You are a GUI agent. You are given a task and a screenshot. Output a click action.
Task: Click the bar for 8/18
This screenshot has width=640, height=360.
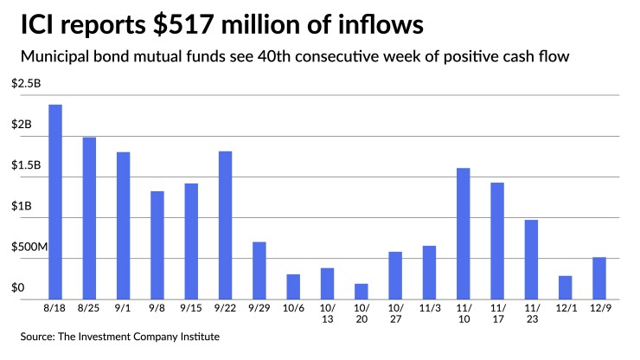coord(54,202)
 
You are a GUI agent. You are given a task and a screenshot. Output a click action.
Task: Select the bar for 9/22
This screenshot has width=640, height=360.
coord(225,225)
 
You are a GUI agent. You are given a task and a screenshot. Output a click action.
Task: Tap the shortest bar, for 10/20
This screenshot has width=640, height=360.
coord(362,291)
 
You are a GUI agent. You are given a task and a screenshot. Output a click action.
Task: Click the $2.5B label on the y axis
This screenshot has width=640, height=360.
coord(24,83)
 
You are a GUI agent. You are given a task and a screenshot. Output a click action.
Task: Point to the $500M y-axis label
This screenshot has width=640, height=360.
coord(29,247)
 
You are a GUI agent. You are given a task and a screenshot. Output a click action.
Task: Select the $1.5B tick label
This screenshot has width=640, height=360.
coord(24,165)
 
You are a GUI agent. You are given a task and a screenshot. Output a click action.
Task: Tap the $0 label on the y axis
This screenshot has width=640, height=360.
coord(16,287)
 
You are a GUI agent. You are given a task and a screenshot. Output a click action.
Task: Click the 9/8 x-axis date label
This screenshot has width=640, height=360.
coord(157,307)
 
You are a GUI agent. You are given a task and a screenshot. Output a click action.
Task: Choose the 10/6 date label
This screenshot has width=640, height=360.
coord(293,307)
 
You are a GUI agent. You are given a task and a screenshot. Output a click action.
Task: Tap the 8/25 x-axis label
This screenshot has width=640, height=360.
coord(89,307)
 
